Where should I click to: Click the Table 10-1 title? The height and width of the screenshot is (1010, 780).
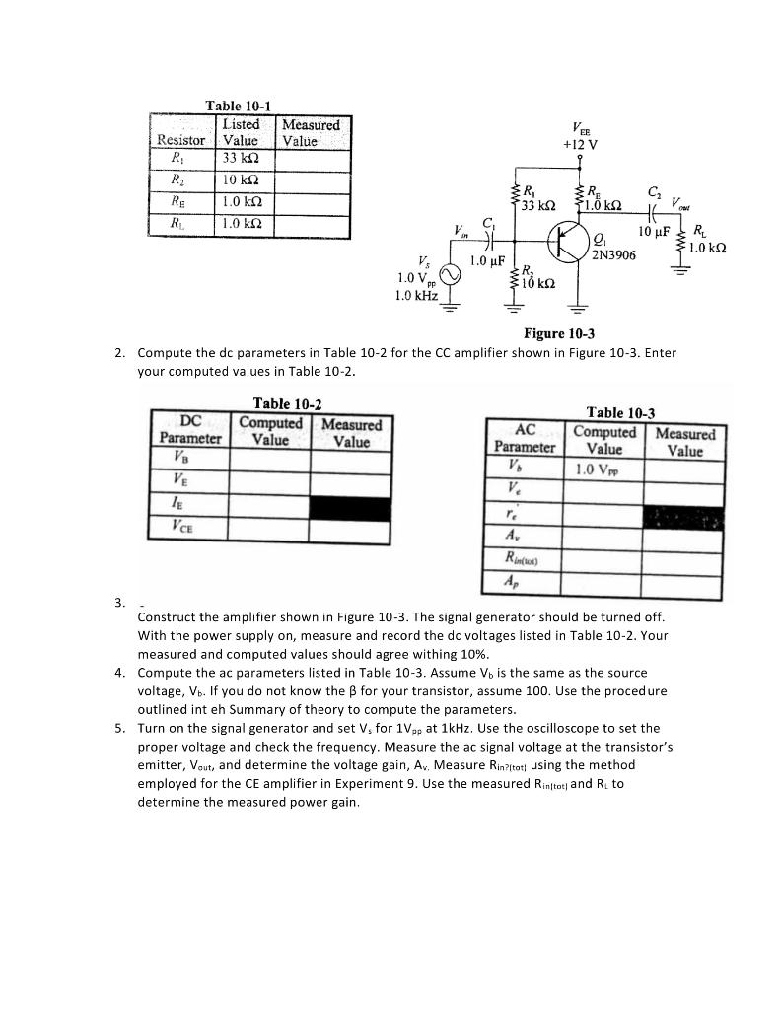point(238,106)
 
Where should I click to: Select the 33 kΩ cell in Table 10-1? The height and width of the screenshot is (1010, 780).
point(241,158)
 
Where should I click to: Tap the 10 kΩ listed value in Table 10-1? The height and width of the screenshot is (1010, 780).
point(241,180)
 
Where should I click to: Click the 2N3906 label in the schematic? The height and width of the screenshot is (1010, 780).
point(614,255)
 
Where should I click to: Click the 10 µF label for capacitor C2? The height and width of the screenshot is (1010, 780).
point(655,232)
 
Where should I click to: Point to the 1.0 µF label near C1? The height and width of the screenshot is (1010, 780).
point(487,261)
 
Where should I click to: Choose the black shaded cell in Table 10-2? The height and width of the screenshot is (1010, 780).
point(350,507)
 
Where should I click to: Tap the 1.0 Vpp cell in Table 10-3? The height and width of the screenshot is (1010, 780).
point(603,469)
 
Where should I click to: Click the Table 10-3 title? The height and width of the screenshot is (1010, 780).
point(620,413)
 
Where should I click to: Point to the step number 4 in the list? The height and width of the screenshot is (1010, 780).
point(119,673)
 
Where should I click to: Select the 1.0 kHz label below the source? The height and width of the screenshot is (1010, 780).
point(416,295)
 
